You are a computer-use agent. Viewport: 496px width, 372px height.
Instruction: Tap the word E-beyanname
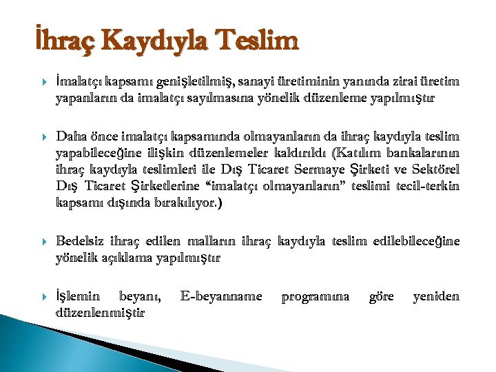(221, 296)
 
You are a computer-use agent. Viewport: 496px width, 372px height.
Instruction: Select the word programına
(316, 296)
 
